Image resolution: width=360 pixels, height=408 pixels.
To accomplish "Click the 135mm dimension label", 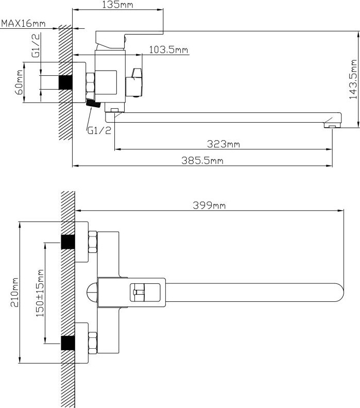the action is coord(117,5).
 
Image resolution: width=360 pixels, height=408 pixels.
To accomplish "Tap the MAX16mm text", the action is coord(23,23).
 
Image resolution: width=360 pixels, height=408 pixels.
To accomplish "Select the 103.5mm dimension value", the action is coord(168,49).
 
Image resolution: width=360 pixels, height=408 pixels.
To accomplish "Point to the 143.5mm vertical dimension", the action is coord(353,79).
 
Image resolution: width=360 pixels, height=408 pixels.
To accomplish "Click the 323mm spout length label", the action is coord(224,144).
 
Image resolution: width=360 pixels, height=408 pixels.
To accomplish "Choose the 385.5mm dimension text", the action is coord(202,160).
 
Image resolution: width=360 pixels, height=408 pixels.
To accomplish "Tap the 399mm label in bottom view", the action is coord(209,206).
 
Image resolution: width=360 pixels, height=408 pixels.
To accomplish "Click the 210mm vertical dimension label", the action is coord(14,292).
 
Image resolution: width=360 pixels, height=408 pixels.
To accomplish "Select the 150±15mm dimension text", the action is coord(40,293).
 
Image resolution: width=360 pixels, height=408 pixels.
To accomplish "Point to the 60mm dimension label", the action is coord(20,82).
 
